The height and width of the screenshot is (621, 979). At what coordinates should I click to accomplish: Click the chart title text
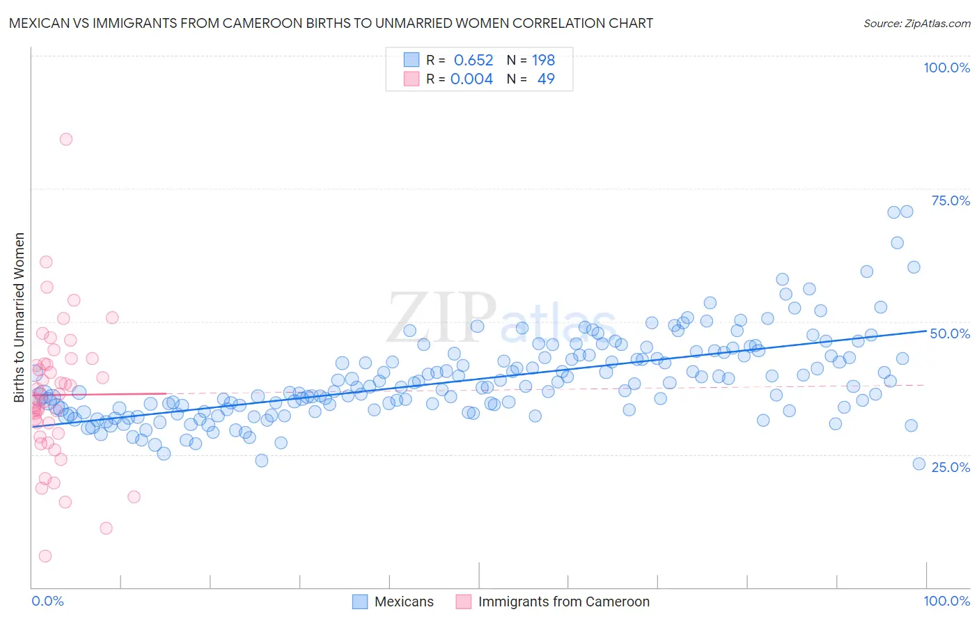click(x=331, y=23)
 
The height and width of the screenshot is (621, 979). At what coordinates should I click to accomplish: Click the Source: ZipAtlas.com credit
click(x=916, y=23)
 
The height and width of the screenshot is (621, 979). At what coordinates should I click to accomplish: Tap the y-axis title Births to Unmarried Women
click(x=19, y=317)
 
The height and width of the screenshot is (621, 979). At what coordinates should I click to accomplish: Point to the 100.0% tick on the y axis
click(x=946, y=68)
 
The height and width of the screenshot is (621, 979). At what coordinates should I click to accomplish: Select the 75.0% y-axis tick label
click(x=950, y=201)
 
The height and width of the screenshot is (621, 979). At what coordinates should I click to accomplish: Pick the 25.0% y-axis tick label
click(x=950, y=466)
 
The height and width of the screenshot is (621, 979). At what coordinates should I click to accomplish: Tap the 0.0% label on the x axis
click(x=47, y=601)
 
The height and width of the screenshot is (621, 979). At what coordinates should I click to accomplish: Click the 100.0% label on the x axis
click(x=946, y=601)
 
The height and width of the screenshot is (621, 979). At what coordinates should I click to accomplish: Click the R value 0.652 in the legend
click(x=473, y=60)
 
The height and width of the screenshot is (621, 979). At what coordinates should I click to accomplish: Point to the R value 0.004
click(x=471, y=79)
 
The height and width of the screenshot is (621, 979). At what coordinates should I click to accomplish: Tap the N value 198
click(x=543, y=60)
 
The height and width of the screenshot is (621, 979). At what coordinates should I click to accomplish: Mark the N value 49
click(x=546, y=79)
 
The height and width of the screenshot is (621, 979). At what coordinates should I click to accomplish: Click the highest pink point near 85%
click(x=66, y=139)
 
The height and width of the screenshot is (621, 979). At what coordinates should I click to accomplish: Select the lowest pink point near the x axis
click(x=45, y=556)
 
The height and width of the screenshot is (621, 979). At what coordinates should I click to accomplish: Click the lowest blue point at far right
click(x=919, y=464)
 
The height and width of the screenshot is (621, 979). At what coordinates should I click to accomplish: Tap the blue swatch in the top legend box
click(x=412, y=60)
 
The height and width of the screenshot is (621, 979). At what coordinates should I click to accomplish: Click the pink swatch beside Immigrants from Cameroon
click(x=464, y=602)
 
